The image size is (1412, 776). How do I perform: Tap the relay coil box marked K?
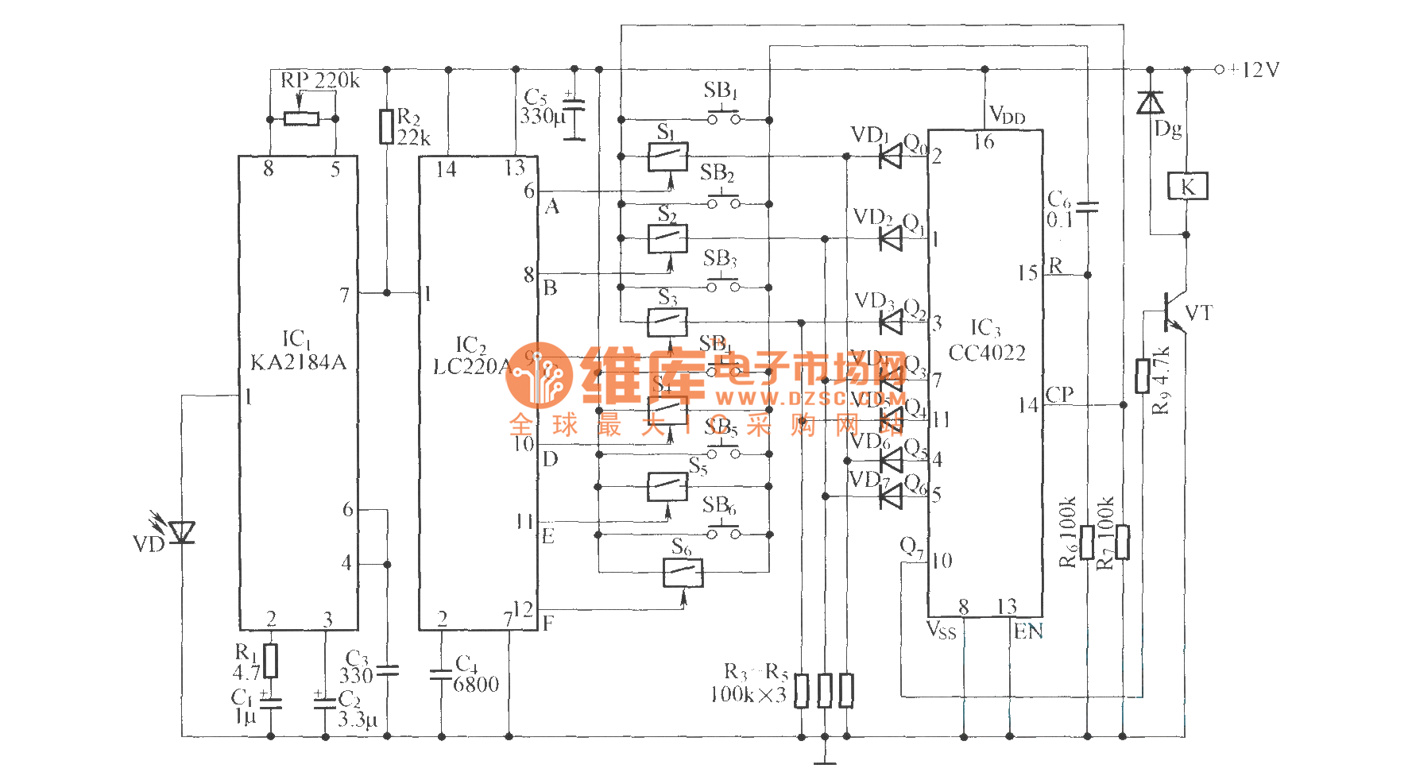point(1187,187)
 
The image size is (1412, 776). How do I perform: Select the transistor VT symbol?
point(1173,311)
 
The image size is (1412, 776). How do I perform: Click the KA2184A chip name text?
point(298,363)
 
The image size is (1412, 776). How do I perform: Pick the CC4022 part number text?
point(987,353)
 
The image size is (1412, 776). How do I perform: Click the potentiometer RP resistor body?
point(302,119)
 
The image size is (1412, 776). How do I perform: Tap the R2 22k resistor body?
point(387,126)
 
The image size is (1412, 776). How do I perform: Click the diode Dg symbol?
point(1150,102)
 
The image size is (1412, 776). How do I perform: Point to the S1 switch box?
point(667,156)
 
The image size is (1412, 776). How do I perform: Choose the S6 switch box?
point(683,572)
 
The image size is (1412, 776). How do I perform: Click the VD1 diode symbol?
point(891,156)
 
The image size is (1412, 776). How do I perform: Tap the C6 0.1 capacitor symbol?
point(1087,207)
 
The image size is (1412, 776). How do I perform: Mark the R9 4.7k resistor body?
point(1143,376)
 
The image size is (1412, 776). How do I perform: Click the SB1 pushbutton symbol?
point(724,119)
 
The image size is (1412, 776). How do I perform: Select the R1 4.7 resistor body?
point(271,660)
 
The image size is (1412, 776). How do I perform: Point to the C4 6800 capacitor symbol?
point(441,674)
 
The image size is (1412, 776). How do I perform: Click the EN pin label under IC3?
point(1028,631)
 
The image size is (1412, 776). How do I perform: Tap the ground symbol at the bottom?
point(825,760)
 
